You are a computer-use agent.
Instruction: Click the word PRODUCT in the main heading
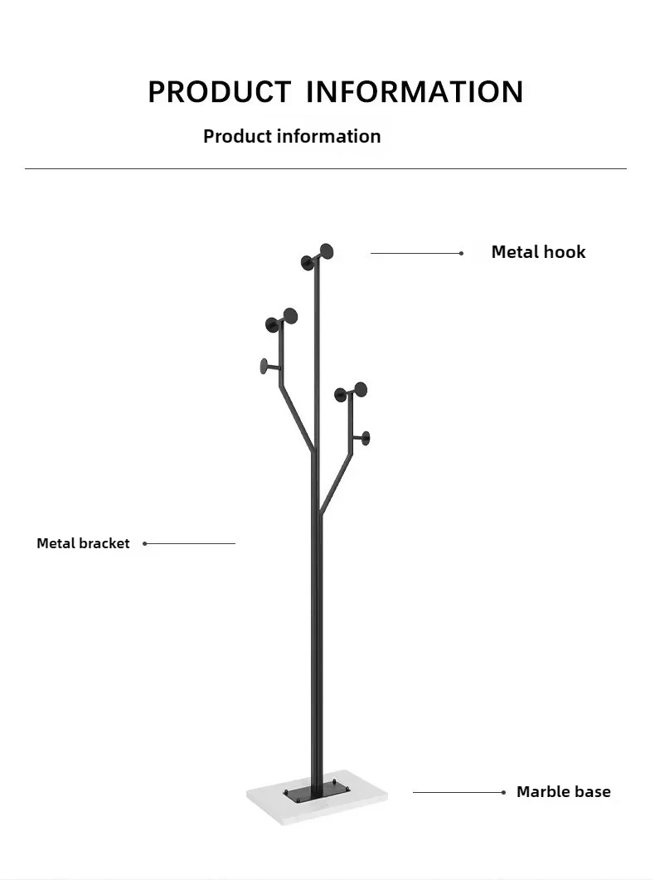pyautogui.click(x=219, y=91)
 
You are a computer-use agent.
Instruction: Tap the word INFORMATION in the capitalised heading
pyautogui.click(x=415, y=91)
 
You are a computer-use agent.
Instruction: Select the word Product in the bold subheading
pyautogui.click(x=238, y=136)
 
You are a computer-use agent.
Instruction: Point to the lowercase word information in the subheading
pyautogui.click(x=329, y=136)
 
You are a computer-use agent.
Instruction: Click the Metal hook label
pyautogui.click(x=538, y=252)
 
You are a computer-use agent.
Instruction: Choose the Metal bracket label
pyautogui.click(x=83, y=543)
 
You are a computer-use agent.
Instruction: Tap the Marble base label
pyautogui.click(x=563, y=791)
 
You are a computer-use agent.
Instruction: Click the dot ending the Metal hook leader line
pyautogui.click(x=461, y=253)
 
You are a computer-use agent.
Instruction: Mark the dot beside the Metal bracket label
pyautogui.click(x=145, y=543)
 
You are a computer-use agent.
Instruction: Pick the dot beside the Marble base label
pyautogui.click(x=503, y=792)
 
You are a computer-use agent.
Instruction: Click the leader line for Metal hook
pyautogui.click(x=415, y=253)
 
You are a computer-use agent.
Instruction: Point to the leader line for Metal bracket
pyautogui.click(x=191, y=543)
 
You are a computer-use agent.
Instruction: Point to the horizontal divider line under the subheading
pyautogui.click(x=326, y=168)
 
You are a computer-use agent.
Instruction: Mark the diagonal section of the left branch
pyautogui.click(x=297, y=419)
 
